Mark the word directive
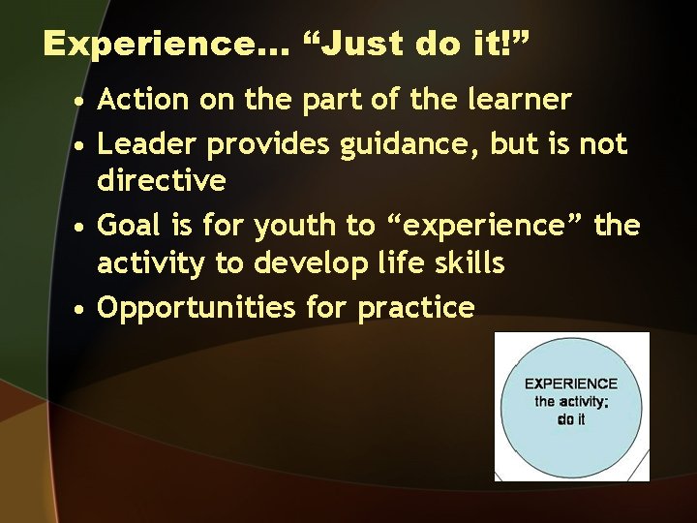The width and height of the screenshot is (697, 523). click(x=163, y=180)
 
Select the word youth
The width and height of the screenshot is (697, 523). click(x=295, y=227)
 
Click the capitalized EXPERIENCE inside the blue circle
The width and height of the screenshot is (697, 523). click(x=571, y=384)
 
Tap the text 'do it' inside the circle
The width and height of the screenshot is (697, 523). click(x=571, y=419)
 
